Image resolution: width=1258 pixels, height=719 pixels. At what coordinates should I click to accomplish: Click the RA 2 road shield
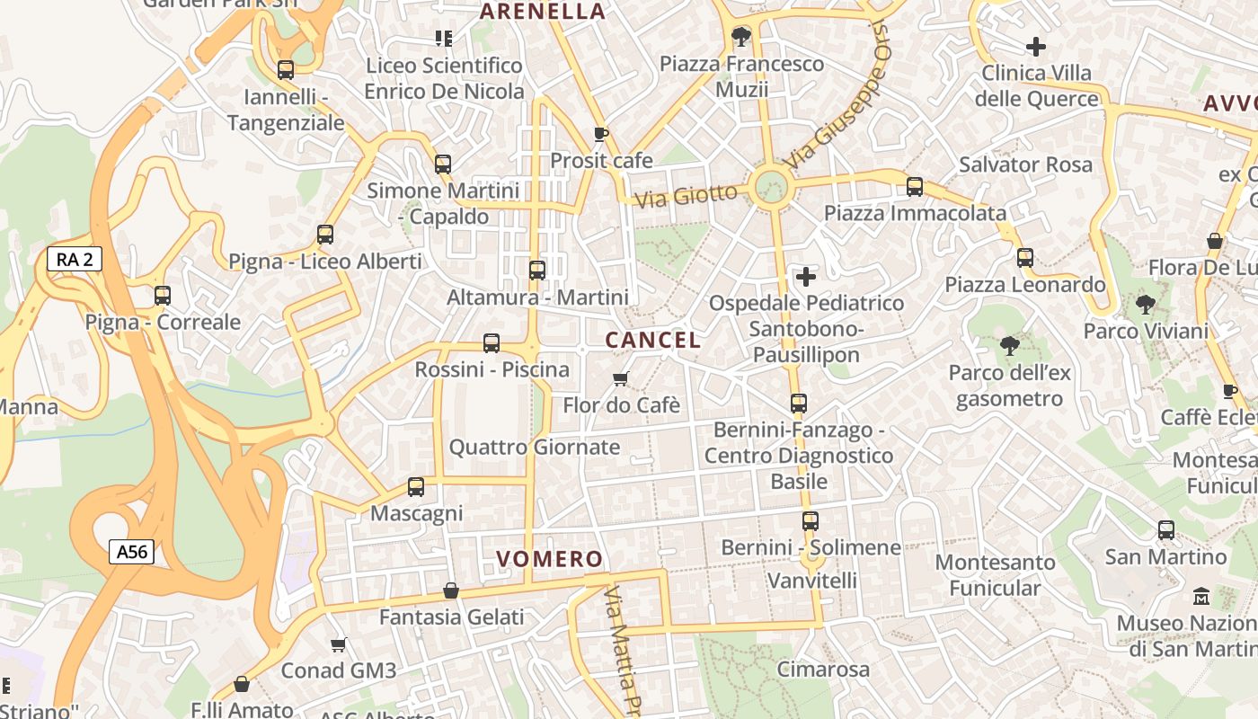75,260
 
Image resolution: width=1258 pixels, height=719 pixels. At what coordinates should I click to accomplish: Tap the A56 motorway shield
131,551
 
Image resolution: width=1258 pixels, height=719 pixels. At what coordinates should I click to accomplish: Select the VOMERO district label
550,559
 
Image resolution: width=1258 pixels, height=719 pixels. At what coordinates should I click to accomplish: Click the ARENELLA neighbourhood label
543,12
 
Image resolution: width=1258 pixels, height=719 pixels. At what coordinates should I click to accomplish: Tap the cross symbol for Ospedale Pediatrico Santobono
806,276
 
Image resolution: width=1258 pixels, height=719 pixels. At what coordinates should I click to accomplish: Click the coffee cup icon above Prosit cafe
601,135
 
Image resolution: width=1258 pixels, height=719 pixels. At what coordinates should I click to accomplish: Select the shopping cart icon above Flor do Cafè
620,378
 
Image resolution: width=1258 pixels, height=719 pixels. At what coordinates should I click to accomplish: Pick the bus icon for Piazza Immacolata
915,187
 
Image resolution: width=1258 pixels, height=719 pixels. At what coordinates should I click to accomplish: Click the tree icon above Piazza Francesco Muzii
741,37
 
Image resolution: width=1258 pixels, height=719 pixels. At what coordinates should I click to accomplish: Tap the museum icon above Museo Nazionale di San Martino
1200,596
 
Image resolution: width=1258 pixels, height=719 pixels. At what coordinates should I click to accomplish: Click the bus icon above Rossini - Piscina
492,342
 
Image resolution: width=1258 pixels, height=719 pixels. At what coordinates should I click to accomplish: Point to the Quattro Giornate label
535,447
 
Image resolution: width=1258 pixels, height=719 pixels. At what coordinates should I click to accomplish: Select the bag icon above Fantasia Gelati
451,590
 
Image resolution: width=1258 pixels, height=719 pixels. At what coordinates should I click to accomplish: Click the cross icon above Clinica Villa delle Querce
1036,46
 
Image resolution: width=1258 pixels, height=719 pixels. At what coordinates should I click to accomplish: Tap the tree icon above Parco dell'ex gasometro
1010,346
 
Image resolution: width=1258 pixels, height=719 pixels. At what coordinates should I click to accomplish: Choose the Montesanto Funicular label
995,575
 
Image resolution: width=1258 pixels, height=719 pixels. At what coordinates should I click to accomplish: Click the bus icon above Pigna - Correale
163,295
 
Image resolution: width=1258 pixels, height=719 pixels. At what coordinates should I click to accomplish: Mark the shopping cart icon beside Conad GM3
338,644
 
